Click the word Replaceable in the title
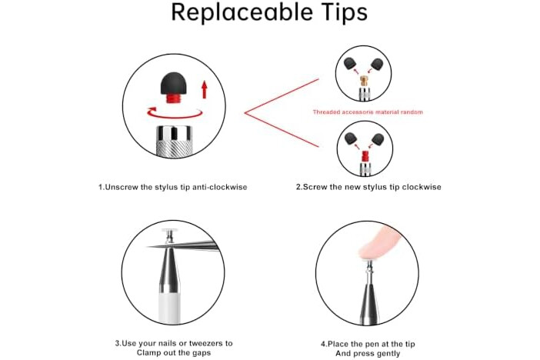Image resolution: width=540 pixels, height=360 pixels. (242, 12)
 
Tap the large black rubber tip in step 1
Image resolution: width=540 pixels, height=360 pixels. (174, 83)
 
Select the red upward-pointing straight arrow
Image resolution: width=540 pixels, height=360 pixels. (204, 89)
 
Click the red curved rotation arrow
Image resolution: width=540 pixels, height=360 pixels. (174, 115)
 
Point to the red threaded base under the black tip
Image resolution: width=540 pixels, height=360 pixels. (174, 98)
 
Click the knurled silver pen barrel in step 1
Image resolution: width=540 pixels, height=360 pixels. (174, 142)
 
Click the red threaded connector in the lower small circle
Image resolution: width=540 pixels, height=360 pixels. (365, 157)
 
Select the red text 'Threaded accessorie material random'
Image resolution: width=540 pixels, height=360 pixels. (368, 112)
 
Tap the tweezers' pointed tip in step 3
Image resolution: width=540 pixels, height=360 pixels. (148, 246)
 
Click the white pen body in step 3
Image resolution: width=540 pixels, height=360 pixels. (169, 307)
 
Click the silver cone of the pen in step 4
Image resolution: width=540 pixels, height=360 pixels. (368, 296)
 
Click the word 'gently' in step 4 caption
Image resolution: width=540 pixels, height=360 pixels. (388, 354)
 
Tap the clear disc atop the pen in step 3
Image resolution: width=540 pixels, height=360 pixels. (168, 231)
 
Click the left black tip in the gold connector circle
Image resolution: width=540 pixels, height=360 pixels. (351, 63)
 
